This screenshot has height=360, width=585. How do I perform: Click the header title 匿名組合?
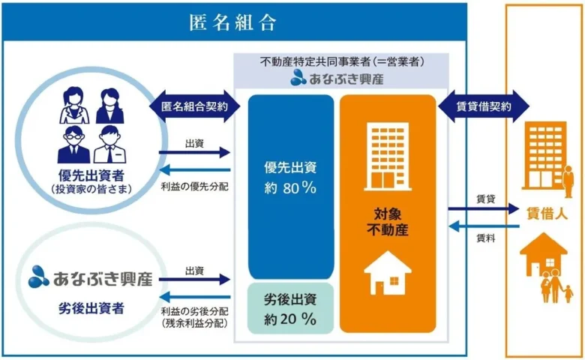[232, 22]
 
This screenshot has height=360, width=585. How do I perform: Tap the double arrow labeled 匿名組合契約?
[194, 106]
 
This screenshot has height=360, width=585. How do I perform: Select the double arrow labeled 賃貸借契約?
[484, 106]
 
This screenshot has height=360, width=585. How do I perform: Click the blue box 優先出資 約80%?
[291, 187]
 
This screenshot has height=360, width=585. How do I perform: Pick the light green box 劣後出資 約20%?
[291, 308]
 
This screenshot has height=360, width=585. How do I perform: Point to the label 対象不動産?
[388, 222]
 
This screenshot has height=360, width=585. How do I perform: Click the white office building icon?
[388, 157]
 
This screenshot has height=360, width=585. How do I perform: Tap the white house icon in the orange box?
[388, 273]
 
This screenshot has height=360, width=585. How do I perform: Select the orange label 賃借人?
[547, 214]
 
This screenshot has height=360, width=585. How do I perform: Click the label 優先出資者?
[91, 175]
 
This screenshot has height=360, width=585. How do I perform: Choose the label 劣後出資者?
[91, 308]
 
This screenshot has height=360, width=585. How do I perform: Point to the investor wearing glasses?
[73, 145]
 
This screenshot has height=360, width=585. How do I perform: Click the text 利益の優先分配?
[194, 186]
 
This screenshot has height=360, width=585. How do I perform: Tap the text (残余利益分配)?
[194, 323]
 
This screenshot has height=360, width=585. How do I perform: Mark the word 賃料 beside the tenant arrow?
[486, 238]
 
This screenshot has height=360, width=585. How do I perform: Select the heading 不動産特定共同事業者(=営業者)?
[342, 61]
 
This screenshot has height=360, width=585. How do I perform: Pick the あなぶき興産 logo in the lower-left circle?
[91, 277]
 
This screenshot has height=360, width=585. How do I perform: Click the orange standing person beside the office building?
[568, 181]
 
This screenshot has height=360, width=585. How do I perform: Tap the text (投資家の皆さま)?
[91, 189]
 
